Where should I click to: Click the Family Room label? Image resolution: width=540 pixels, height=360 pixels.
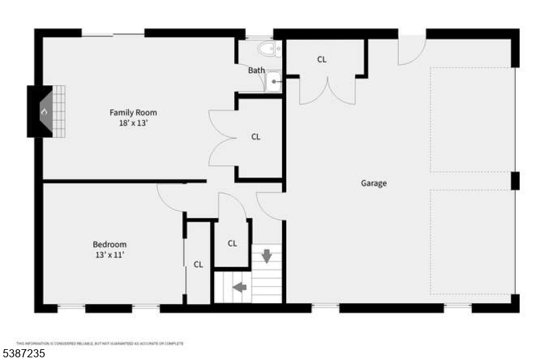pyautogui.click(x=133, y=113)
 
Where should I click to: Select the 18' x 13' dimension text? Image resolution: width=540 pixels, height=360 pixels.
pyautogui.click(x=133, y=124)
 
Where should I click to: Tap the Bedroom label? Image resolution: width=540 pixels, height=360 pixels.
pyautogui.click(x=109, y=245)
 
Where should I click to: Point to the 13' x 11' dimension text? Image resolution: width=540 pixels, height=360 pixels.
pyautogui.click(x=109, y=255)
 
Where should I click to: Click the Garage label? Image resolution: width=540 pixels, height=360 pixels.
pyautogui.click(x=373, y=183)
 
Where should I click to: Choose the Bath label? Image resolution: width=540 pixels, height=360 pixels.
pyautogui.click(x=256, y=70)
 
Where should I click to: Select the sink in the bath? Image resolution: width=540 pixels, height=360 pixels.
pyautogui.click(x=273, y=82)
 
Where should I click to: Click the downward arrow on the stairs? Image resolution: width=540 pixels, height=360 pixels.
pyautogui.click(x=267, y=256)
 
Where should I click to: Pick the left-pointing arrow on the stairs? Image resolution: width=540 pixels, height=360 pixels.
pyautogui.click(x=240, y=287)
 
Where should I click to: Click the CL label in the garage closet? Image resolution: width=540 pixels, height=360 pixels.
pyautogui.click(x=322, y=59)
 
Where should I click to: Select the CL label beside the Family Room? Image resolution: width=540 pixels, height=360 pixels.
pyautogui.click(x=256, y=136)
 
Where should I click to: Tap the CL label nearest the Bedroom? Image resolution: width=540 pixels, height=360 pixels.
pyautogui.click(x=198, y=265)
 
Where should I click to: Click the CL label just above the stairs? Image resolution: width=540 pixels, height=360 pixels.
pyautogui.click(x=232, y=243)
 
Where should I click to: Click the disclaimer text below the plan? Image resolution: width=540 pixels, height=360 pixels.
pyautogui.click(x=99, y=343)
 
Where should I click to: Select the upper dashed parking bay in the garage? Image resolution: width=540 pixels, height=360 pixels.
pyautogui.click(x=472, y=120)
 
